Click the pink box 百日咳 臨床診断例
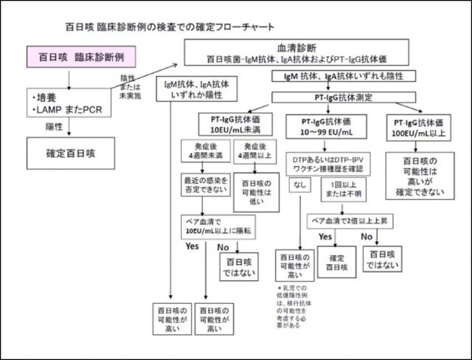pos(68,57)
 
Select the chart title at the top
pos(159,27)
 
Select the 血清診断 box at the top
pos(295,52)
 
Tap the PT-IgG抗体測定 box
pos(343,97)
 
